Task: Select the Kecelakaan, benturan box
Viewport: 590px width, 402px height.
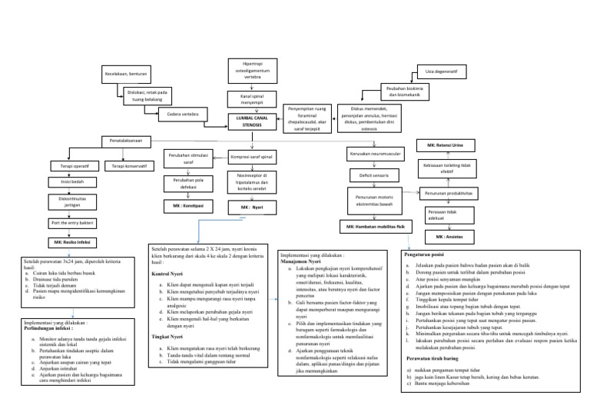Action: (x=125, y=75)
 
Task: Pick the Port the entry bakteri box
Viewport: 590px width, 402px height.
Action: (x=70, y=223)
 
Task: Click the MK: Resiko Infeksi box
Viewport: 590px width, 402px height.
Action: (x=70, y=242)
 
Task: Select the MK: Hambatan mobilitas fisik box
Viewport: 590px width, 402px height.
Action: (x=375, y=227)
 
